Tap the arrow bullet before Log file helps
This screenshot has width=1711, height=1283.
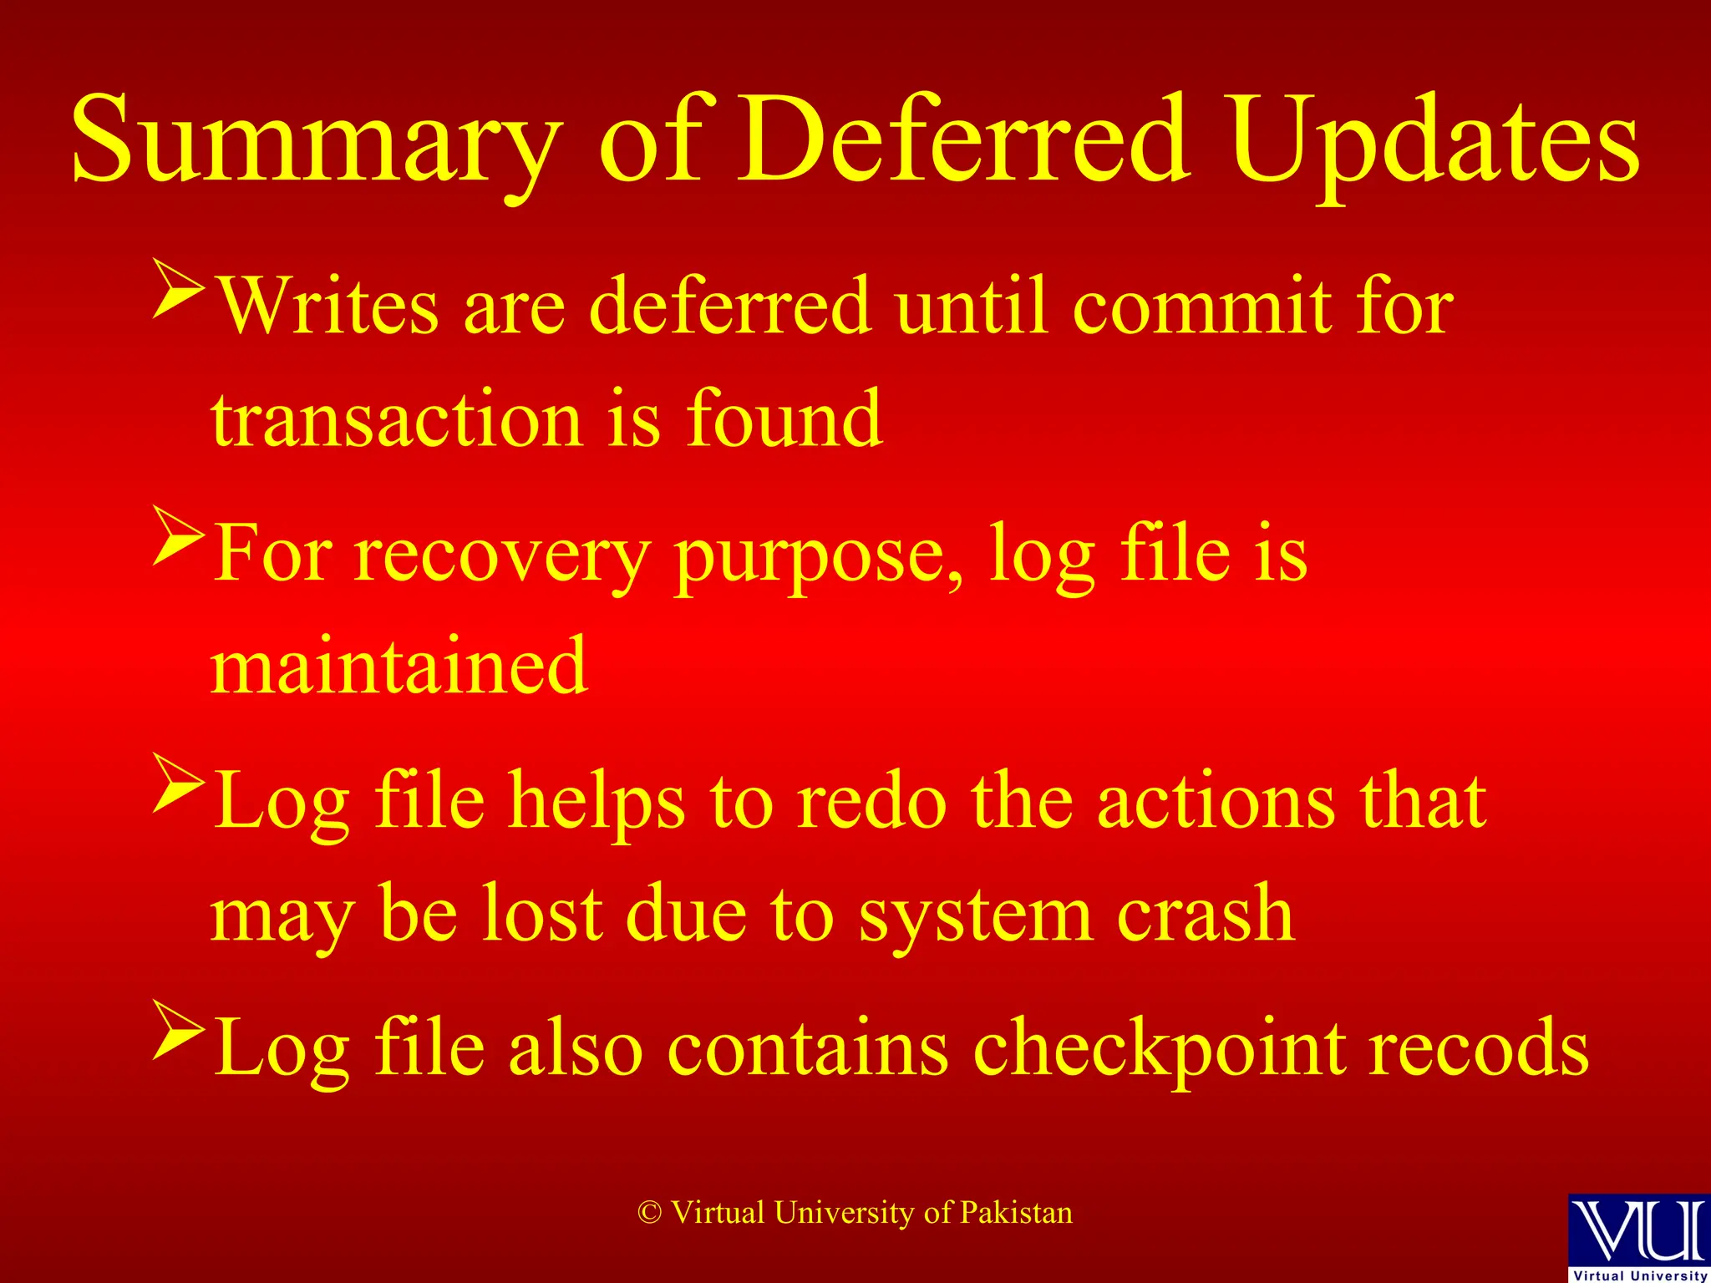pyautogui.click(x=179, y=783)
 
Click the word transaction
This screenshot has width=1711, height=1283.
pyautogui.click(x=397, y=419)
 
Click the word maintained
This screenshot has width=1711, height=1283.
pyautogui.click(x=399, y=666)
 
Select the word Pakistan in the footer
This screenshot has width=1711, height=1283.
pyautogui.click(x=1016, y=1213)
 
